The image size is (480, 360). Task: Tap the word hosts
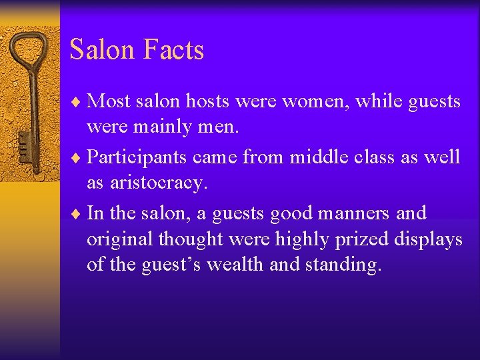[211, 101]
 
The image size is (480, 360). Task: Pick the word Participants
[138, 158]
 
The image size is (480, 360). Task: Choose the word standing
[343, 265]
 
